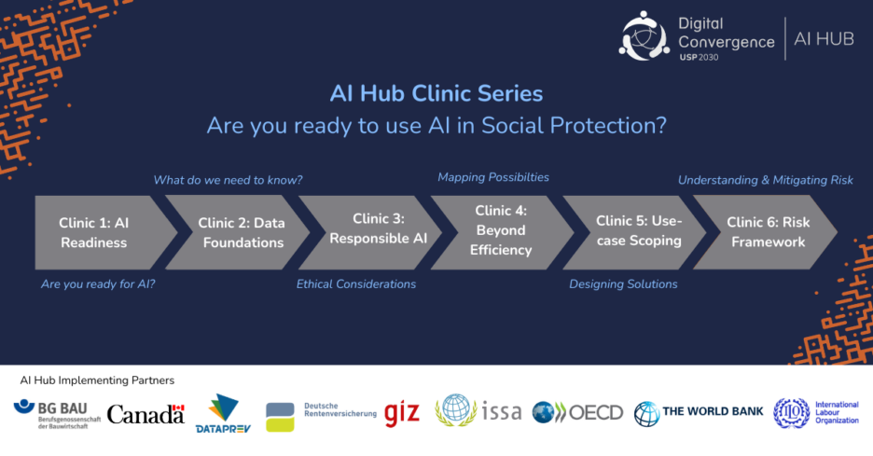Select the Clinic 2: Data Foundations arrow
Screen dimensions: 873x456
pos(240,233)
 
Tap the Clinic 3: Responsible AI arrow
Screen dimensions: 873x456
pos(372,233)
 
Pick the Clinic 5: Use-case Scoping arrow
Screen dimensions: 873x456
pos(635,233)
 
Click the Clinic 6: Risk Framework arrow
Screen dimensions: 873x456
pos(766,233)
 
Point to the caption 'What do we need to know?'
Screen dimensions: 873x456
pos(228,180)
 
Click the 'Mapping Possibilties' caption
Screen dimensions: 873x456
pos(493,177)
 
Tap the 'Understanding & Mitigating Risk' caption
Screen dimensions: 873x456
pos(766,180)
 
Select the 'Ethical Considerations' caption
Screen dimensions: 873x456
pos(356,284)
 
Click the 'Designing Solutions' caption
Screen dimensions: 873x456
pos(623,284)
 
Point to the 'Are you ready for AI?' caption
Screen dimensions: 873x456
pos(98,284)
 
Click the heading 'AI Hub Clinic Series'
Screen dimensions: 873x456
pos(436,93)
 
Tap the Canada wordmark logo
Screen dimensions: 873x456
pos(145,414)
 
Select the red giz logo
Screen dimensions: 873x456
pos(401,413)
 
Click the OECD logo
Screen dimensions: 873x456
pos(577,412)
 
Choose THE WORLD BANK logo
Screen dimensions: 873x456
pos(699,414)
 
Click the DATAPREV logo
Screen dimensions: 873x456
pos(223,414)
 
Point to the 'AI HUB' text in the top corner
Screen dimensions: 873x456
pos(824,39)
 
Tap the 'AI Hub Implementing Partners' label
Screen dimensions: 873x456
pos(97,380)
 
